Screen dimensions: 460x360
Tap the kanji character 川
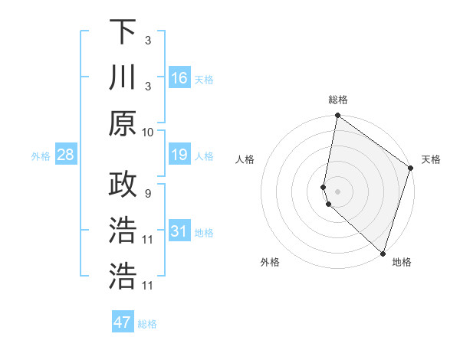(x=123, y=77)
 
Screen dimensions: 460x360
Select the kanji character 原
(x=123, y=123)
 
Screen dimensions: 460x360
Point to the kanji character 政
(x=123, y=185)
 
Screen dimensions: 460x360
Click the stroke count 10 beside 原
(x=148, y=132)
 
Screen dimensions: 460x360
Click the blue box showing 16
(x=179, y=78)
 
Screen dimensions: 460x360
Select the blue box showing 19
(x=179, y=155)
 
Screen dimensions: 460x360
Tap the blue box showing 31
(x=179, y=231)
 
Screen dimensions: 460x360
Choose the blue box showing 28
(x=65, y=155)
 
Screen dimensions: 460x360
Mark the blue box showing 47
(x=123, y=322)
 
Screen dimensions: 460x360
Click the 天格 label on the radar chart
(x=431, y=159)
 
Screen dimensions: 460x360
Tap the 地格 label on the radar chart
(x=402, y=262)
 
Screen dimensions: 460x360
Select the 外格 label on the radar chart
(x=270, y=262)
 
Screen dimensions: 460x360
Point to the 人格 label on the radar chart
(x=245, y=159)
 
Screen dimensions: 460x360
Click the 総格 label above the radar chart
(x=337, y=100)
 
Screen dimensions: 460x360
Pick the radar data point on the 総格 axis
(x=337, y=116)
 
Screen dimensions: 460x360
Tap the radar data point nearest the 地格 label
(x=383, y=254)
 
